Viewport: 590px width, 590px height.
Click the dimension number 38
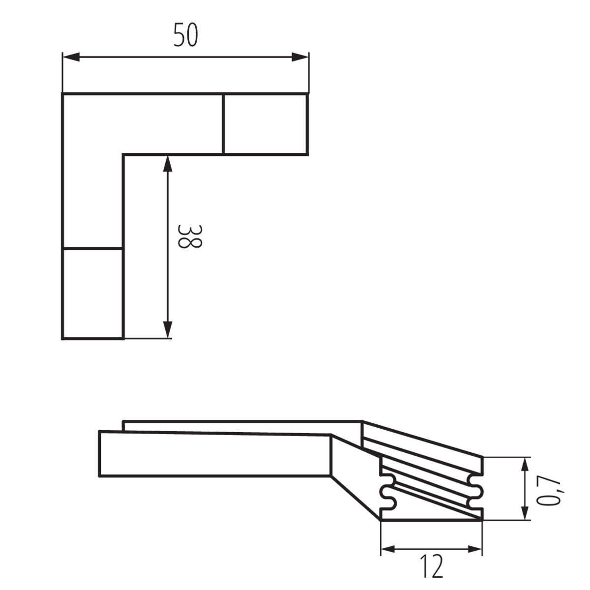coord(190,236)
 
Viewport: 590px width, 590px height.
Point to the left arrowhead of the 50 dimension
coord(71,57)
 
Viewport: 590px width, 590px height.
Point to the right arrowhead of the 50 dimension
coord(300,57)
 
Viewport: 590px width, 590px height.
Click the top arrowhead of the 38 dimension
coord(168,164)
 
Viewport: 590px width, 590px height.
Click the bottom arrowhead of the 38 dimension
coord(168,330)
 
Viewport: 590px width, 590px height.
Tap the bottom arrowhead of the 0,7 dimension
coord(525,511)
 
